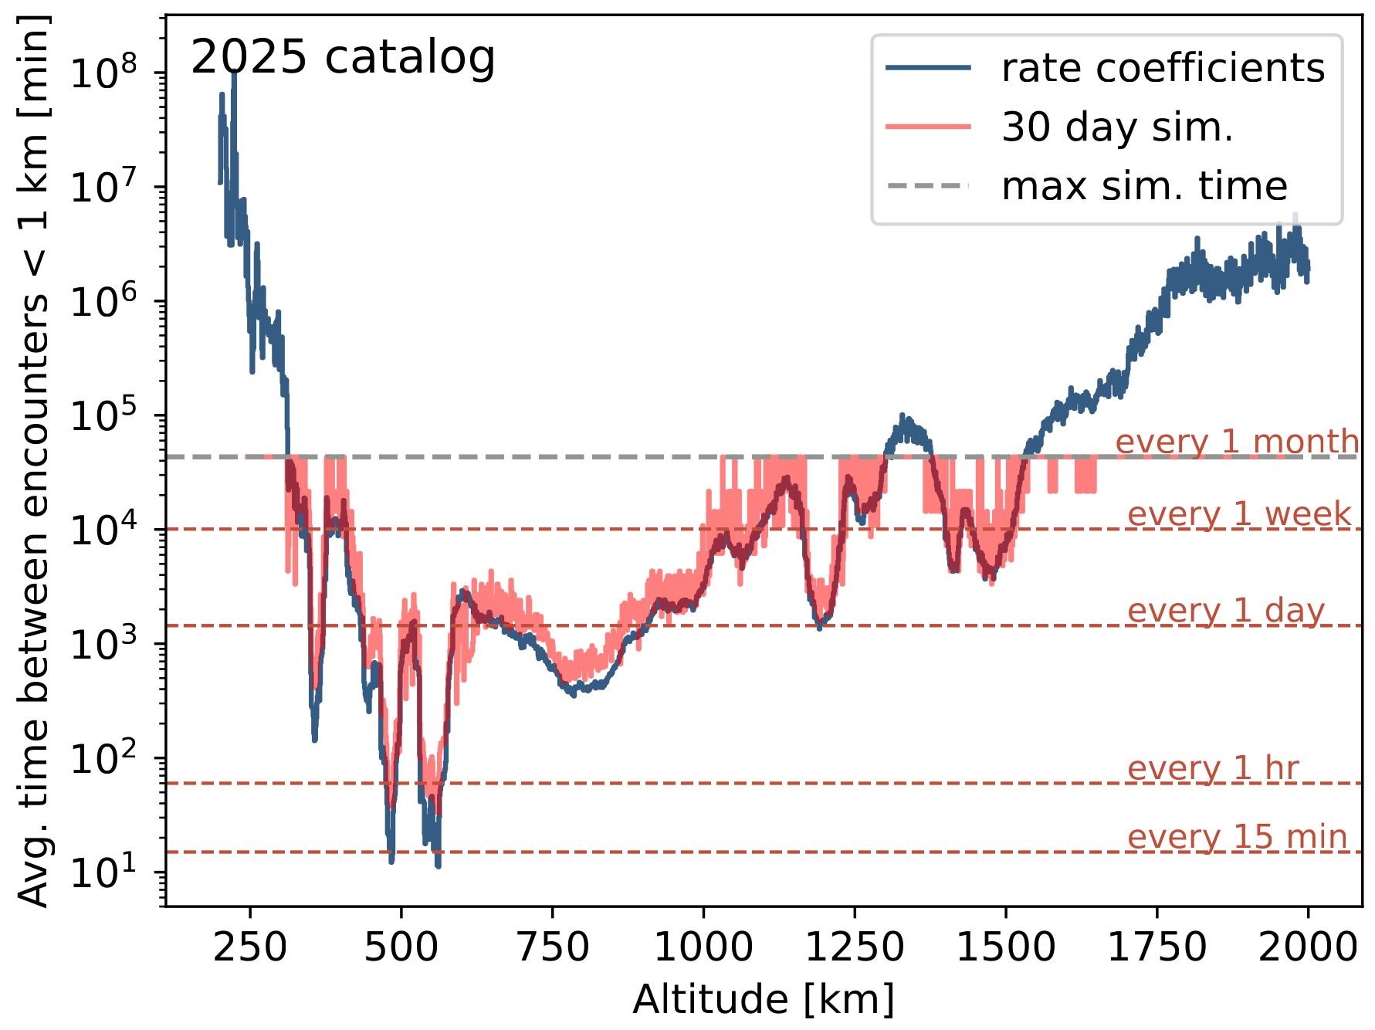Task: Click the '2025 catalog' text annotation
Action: click(342, 58)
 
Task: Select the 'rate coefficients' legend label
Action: click(1163, 68)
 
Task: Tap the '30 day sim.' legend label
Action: click(1116, 127)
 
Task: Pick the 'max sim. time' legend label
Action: click(1144, 186)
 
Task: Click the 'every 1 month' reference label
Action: click(1237, 442)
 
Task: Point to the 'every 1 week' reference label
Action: click(1238, 514)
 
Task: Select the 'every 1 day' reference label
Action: click(1225, 611)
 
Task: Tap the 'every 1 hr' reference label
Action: click(1213, 768)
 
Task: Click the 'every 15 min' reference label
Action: click(1237, 837)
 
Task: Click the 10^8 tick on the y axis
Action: click(103, 73)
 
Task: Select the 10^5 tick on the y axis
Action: click(103, 415)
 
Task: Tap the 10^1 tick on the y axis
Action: click(103, 872)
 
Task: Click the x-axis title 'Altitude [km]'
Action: click(763, 1000)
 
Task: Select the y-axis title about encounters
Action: click(34, 460)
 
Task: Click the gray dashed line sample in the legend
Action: click(928, 186)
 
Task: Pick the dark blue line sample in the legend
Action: click(928, 68)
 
